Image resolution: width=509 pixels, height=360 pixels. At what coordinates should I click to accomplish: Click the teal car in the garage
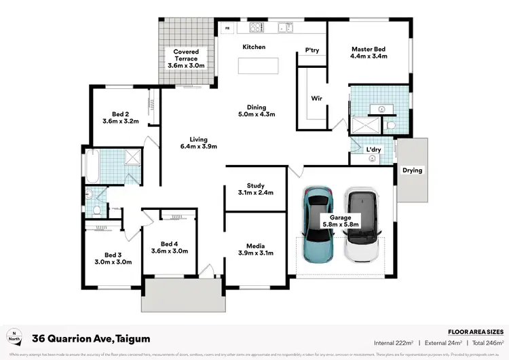pyautogui.click(x=317, y=226)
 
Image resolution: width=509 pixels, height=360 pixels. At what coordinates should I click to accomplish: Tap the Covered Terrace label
pyautogui.click(x=186, y=52)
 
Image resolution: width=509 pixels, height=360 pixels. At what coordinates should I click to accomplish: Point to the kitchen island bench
pyautogui.click(x=258, y=66)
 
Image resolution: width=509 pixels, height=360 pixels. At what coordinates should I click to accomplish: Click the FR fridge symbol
pyautogui.click(x=227, y=29)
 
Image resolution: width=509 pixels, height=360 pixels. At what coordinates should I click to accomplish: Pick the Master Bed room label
pyautogui.click(x=369, y=49)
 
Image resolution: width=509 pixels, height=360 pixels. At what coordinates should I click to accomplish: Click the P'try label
pyautogui.click(x=312, y=50)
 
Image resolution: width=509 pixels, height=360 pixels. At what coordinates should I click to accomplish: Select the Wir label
pyautogui.click(x=316, y=98)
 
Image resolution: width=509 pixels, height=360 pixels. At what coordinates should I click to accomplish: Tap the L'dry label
pyautogui.click(x=373, y=149)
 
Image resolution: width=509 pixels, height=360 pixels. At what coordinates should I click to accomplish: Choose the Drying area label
pyautogui.click(x=412, y=170)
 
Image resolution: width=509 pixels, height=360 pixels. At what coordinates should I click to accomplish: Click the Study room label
pyautogui.click(x=255, y=185)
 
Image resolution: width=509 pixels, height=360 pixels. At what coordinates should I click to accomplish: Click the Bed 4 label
pyautogui.click(x=169, y=244)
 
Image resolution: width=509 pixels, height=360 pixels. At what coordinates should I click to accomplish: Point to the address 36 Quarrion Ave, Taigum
pyautogui.click(x=92, y=338)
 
